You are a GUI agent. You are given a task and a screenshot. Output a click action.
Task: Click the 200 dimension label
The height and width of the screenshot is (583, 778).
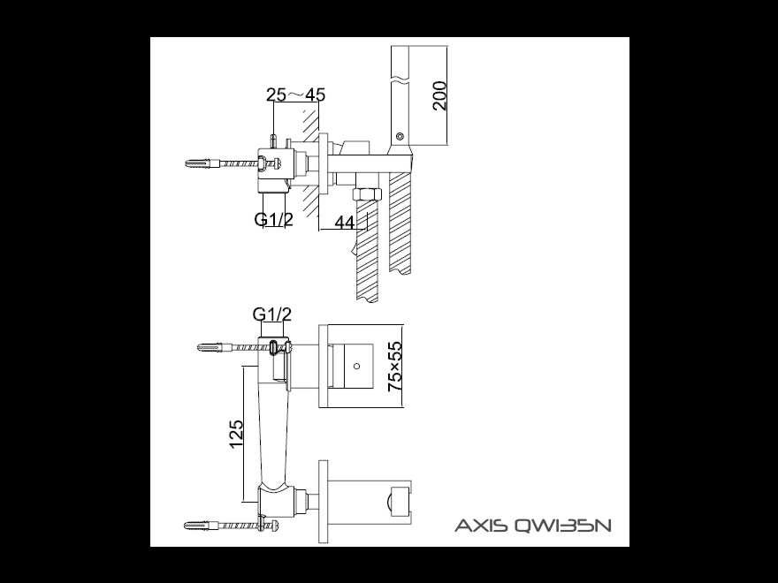(x=439, y=95)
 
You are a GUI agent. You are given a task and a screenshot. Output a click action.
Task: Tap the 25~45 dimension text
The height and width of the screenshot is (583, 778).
(x=295, y=95)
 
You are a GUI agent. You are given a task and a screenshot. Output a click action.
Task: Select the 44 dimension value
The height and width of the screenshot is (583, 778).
(x=345, y=223)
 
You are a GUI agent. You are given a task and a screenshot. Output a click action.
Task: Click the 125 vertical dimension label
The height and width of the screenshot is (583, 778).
(x=236, y=434)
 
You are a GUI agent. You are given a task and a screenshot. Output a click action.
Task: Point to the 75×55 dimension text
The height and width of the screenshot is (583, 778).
(x=395, y=367)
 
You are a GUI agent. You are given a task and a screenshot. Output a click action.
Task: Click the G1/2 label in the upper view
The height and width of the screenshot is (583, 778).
(x=273, y=219)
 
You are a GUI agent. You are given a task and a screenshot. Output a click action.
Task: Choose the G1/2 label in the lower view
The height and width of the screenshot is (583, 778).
(x=272, y=314)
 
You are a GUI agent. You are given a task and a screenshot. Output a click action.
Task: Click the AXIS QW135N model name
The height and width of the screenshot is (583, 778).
(x=533, y=525)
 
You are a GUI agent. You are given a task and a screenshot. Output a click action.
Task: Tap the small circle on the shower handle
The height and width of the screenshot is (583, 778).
(x=400, y=136)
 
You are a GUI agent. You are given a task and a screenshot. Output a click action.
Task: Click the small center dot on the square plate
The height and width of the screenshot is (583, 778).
(x=356, y=367)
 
